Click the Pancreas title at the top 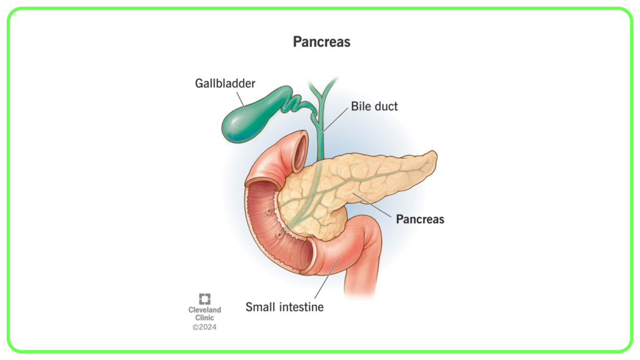322,42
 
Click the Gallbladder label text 225,83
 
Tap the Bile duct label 374,106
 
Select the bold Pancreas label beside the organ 420,219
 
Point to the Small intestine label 284,307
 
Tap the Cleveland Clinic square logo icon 204,299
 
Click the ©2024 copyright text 204,327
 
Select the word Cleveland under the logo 204,310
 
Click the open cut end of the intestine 299,151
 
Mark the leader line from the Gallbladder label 241,101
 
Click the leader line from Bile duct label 334,121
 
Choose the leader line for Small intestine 326,279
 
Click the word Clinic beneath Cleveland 204,317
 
